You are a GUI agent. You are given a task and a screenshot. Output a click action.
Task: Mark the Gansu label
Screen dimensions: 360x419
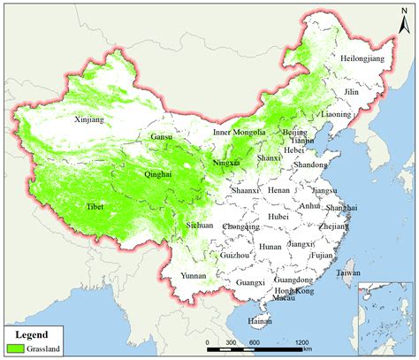point(163,137)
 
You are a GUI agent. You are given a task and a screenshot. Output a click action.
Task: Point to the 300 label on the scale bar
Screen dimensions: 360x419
point(231,341)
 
